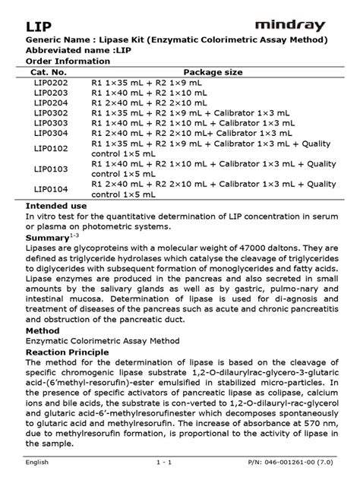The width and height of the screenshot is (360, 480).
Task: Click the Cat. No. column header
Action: click(52, 71)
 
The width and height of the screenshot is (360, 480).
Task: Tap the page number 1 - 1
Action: click(166, 462)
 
